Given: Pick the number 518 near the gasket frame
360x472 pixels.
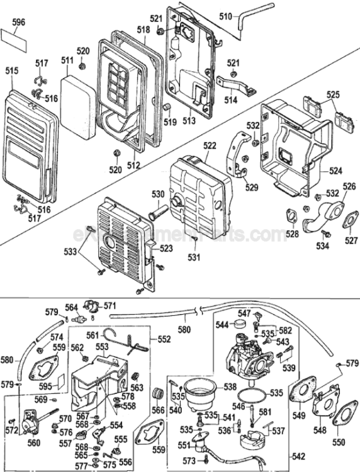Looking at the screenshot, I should tap(143, 30).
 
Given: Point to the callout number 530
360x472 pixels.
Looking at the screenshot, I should tap(157, 194).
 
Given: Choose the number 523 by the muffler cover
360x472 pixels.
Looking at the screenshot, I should tap(166, 249).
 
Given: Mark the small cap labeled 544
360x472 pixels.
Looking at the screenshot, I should tap(238, 325).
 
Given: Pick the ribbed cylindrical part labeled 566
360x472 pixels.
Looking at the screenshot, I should tap(159, 396).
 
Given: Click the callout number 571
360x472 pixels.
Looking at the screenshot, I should tap(111, 305).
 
